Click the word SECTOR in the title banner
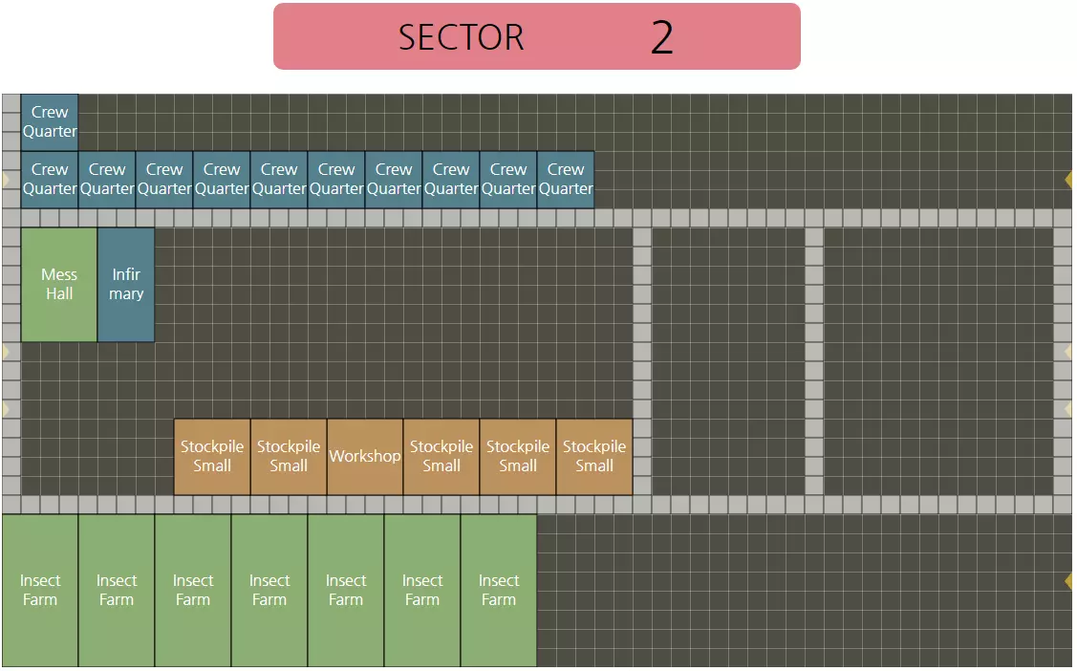click(461, 37)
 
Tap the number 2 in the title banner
click(662, 37)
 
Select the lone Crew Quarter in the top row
click(50, 122)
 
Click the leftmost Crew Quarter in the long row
click(50, 180)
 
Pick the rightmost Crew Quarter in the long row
click(566, 180)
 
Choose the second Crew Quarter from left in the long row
click(107, 180)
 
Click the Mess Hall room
click(59, 285)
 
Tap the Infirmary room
click(126, 285)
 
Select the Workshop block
click(365, 457)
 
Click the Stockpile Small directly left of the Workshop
click(289, 457)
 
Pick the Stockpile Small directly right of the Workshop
click(442, 457)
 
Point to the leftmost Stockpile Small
click(212, 457)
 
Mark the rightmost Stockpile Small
click(594, 457)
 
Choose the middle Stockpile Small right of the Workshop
click(518, 457)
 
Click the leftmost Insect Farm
click(40, 591)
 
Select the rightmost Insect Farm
click(499, 591)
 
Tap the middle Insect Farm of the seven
click(269, 591)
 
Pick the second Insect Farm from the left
click(117, 591)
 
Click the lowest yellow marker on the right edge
click(1069, 581)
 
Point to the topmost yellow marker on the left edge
click(6, 180)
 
